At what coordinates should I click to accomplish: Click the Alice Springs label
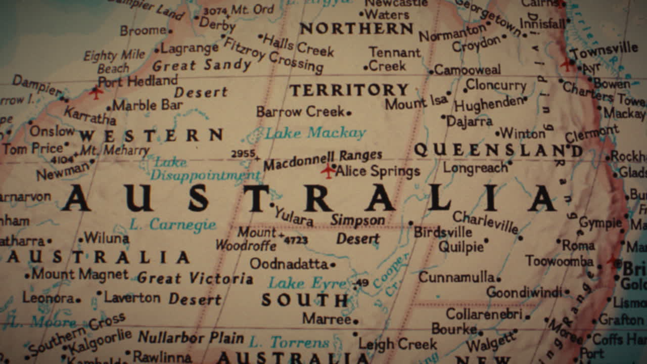pos(378,171)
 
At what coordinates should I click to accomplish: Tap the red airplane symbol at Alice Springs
pos(328,171)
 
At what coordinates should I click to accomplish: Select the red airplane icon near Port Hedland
pos(96,93)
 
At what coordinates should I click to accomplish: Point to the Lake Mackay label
pos(315,133)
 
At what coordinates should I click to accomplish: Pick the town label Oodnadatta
pos(289,264)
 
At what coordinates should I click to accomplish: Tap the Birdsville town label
pos(443,232)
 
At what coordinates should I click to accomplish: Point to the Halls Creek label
pos(298,45)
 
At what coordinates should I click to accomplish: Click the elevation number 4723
pos(296,240)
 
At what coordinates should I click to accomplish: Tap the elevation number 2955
pos(243,154)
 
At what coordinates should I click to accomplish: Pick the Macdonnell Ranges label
pos(322,160)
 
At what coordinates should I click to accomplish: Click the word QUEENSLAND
pos(498,150)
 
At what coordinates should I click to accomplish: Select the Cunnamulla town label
pos(456,277)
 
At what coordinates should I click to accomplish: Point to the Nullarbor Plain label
pos(191,337)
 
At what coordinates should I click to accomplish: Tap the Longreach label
pos(475,167)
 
